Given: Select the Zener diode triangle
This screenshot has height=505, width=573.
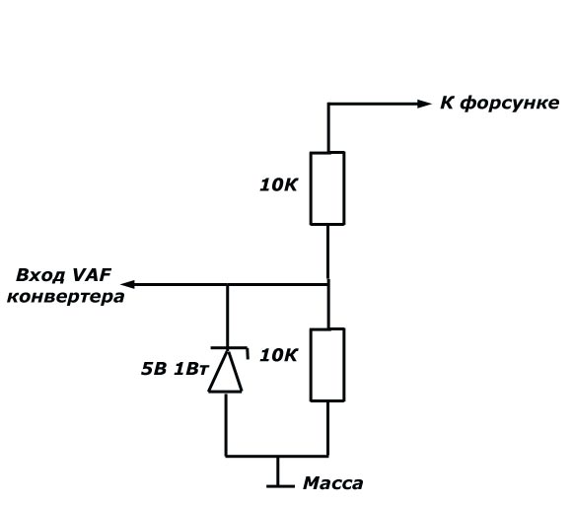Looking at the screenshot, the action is click(226, 371).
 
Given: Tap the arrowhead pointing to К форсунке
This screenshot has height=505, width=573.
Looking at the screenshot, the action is click(424, 104).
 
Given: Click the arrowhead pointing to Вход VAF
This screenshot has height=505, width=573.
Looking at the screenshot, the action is click(128, 284).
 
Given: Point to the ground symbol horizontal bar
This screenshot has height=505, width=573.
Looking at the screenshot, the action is click(280, 486).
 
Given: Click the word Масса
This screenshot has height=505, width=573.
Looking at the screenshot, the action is click(333, 483).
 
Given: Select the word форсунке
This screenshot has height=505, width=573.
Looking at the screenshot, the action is click(510, 104).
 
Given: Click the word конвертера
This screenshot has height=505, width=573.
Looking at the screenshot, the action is click(66, 297).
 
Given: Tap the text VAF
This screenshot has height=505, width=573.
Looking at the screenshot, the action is click(92, 275).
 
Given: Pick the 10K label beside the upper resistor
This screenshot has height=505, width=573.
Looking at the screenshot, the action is click(278, 184).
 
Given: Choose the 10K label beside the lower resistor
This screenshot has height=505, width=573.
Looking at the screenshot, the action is click(278, 355).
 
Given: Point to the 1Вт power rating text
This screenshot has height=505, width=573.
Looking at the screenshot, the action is click(190, 369).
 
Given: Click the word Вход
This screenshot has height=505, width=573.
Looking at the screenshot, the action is click(38, 276).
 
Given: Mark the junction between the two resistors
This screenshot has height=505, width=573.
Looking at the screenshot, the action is click(327, 284).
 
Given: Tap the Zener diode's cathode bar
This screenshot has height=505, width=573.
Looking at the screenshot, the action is click(229, 348).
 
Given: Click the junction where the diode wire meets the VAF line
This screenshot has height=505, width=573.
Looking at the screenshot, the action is click(227, 284).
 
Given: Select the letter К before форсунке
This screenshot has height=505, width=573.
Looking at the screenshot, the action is click(447, 103).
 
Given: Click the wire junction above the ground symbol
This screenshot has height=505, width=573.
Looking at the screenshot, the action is click(278, 456).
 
